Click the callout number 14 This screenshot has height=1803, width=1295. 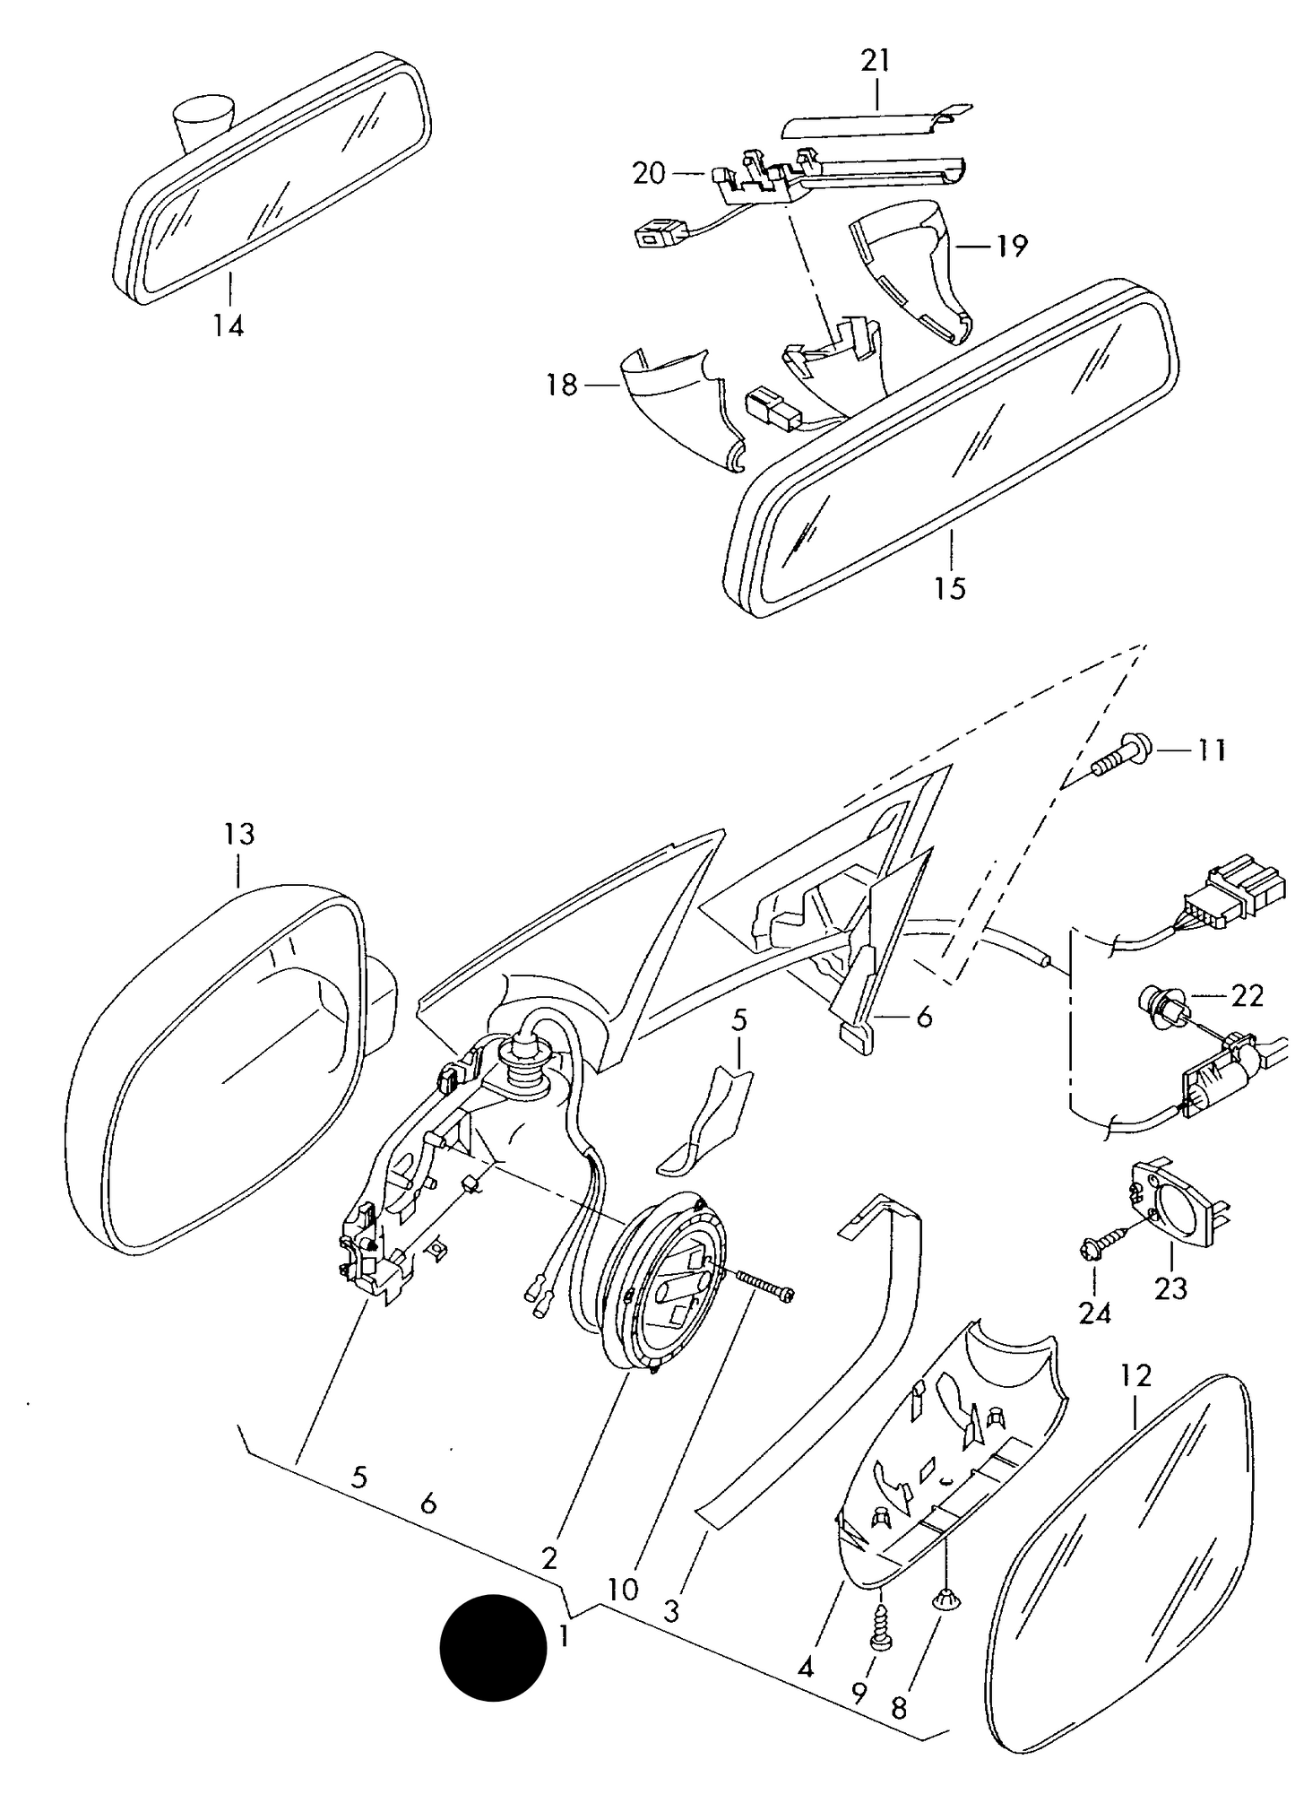click(229, 325)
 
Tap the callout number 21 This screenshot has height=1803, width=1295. click(876, 61)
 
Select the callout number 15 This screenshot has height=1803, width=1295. click(951, 588)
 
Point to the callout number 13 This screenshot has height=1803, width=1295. click(239, 834)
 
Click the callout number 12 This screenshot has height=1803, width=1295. click(1135, 1374)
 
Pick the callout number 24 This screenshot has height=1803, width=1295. click(1094, 1313)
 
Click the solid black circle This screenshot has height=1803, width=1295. click(493, 1648)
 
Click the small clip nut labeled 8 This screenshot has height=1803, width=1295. click(945, 1595)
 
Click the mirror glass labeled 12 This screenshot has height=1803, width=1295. click(1119, 1567)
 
